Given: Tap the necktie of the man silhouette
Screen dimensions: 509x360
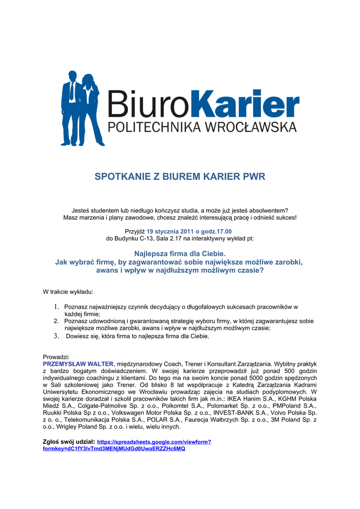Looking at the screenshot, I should pyautogui.click(x=72, y=91).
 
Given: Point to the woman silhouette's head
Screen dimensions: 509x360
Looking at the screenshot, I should pyautogui.click(x=88, y=80).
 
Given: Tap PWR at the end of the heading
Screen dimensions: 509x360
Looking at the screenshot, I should pyautogui.click(x=254, y=177).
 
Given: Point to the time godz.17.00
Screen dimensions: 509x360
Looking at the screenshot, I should pyautogui.click(x=215, y=232).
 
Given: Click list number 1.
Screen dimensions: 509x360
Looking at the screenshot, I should pyautogui.click(x=57, y=307).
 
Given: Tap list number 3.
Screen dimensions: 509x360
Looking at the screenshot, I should pyautogui.click(x=57, y=336).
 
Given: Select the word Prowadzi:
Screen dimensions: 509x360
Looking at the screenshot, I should pyautogui.click(x=56, y=357).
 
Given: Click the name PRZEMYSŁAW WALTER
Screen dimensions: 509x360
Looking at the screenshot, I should pyautogui.click(x=79, y=364).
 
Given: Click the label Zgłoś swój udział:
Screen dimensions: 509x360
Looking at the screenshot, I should pyautogui.click(x=69, y=441).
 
